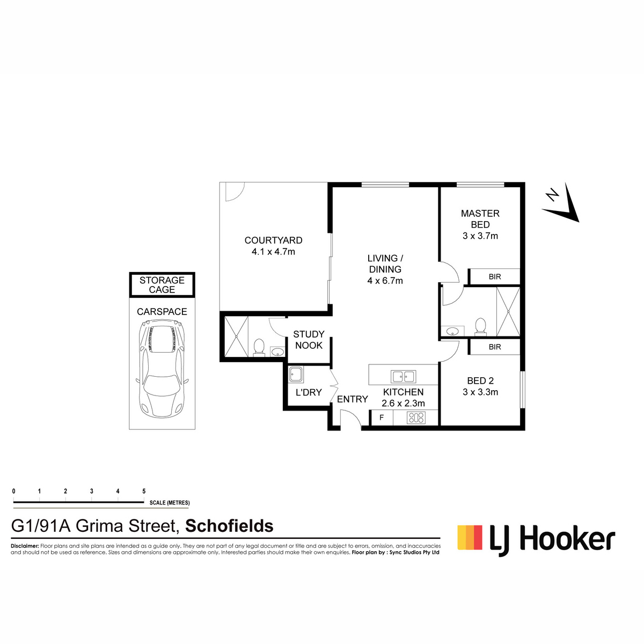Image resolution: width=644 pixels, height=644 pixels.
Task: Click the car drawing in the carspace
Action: coord(162,369)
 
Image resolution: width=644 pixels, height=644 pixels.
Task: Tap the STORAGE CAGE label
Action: coord(162,285)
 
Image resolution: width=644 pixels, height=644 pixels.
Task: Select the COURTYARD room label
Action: coord(273,240)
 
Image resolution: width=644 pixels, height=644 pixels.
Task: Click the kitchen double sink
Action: coord(404,377)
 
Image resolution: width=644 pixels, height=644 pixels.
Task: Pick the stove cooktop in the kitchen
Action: coord(416,418)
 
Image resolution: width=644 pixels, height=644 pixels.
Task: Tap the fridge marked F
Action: coord(382,418)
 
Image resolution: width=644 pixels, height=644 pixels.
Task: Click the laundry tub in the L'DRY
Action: coord(296,374)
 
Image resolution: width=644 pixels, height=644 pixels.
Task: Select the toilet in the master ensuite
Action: coord(480,326)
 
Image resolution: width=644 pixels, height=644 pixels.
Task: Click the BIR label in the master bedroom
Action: coord(495,276)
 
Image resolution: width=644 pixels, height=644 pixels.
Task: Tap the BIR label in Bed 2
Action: coord(495,347)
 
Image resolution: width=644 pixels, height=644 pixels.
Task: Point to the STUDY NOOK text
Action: coord(309,340)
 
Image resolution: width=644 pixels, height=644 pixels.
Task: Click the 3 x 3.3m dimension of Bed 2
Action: coord(480,392)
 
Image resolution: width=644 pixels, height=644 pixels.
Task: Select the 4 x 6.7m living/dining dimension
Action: coord(385,280)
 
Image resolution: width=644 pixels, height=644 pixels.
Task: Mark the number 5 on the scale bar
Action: coord(144,491)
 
